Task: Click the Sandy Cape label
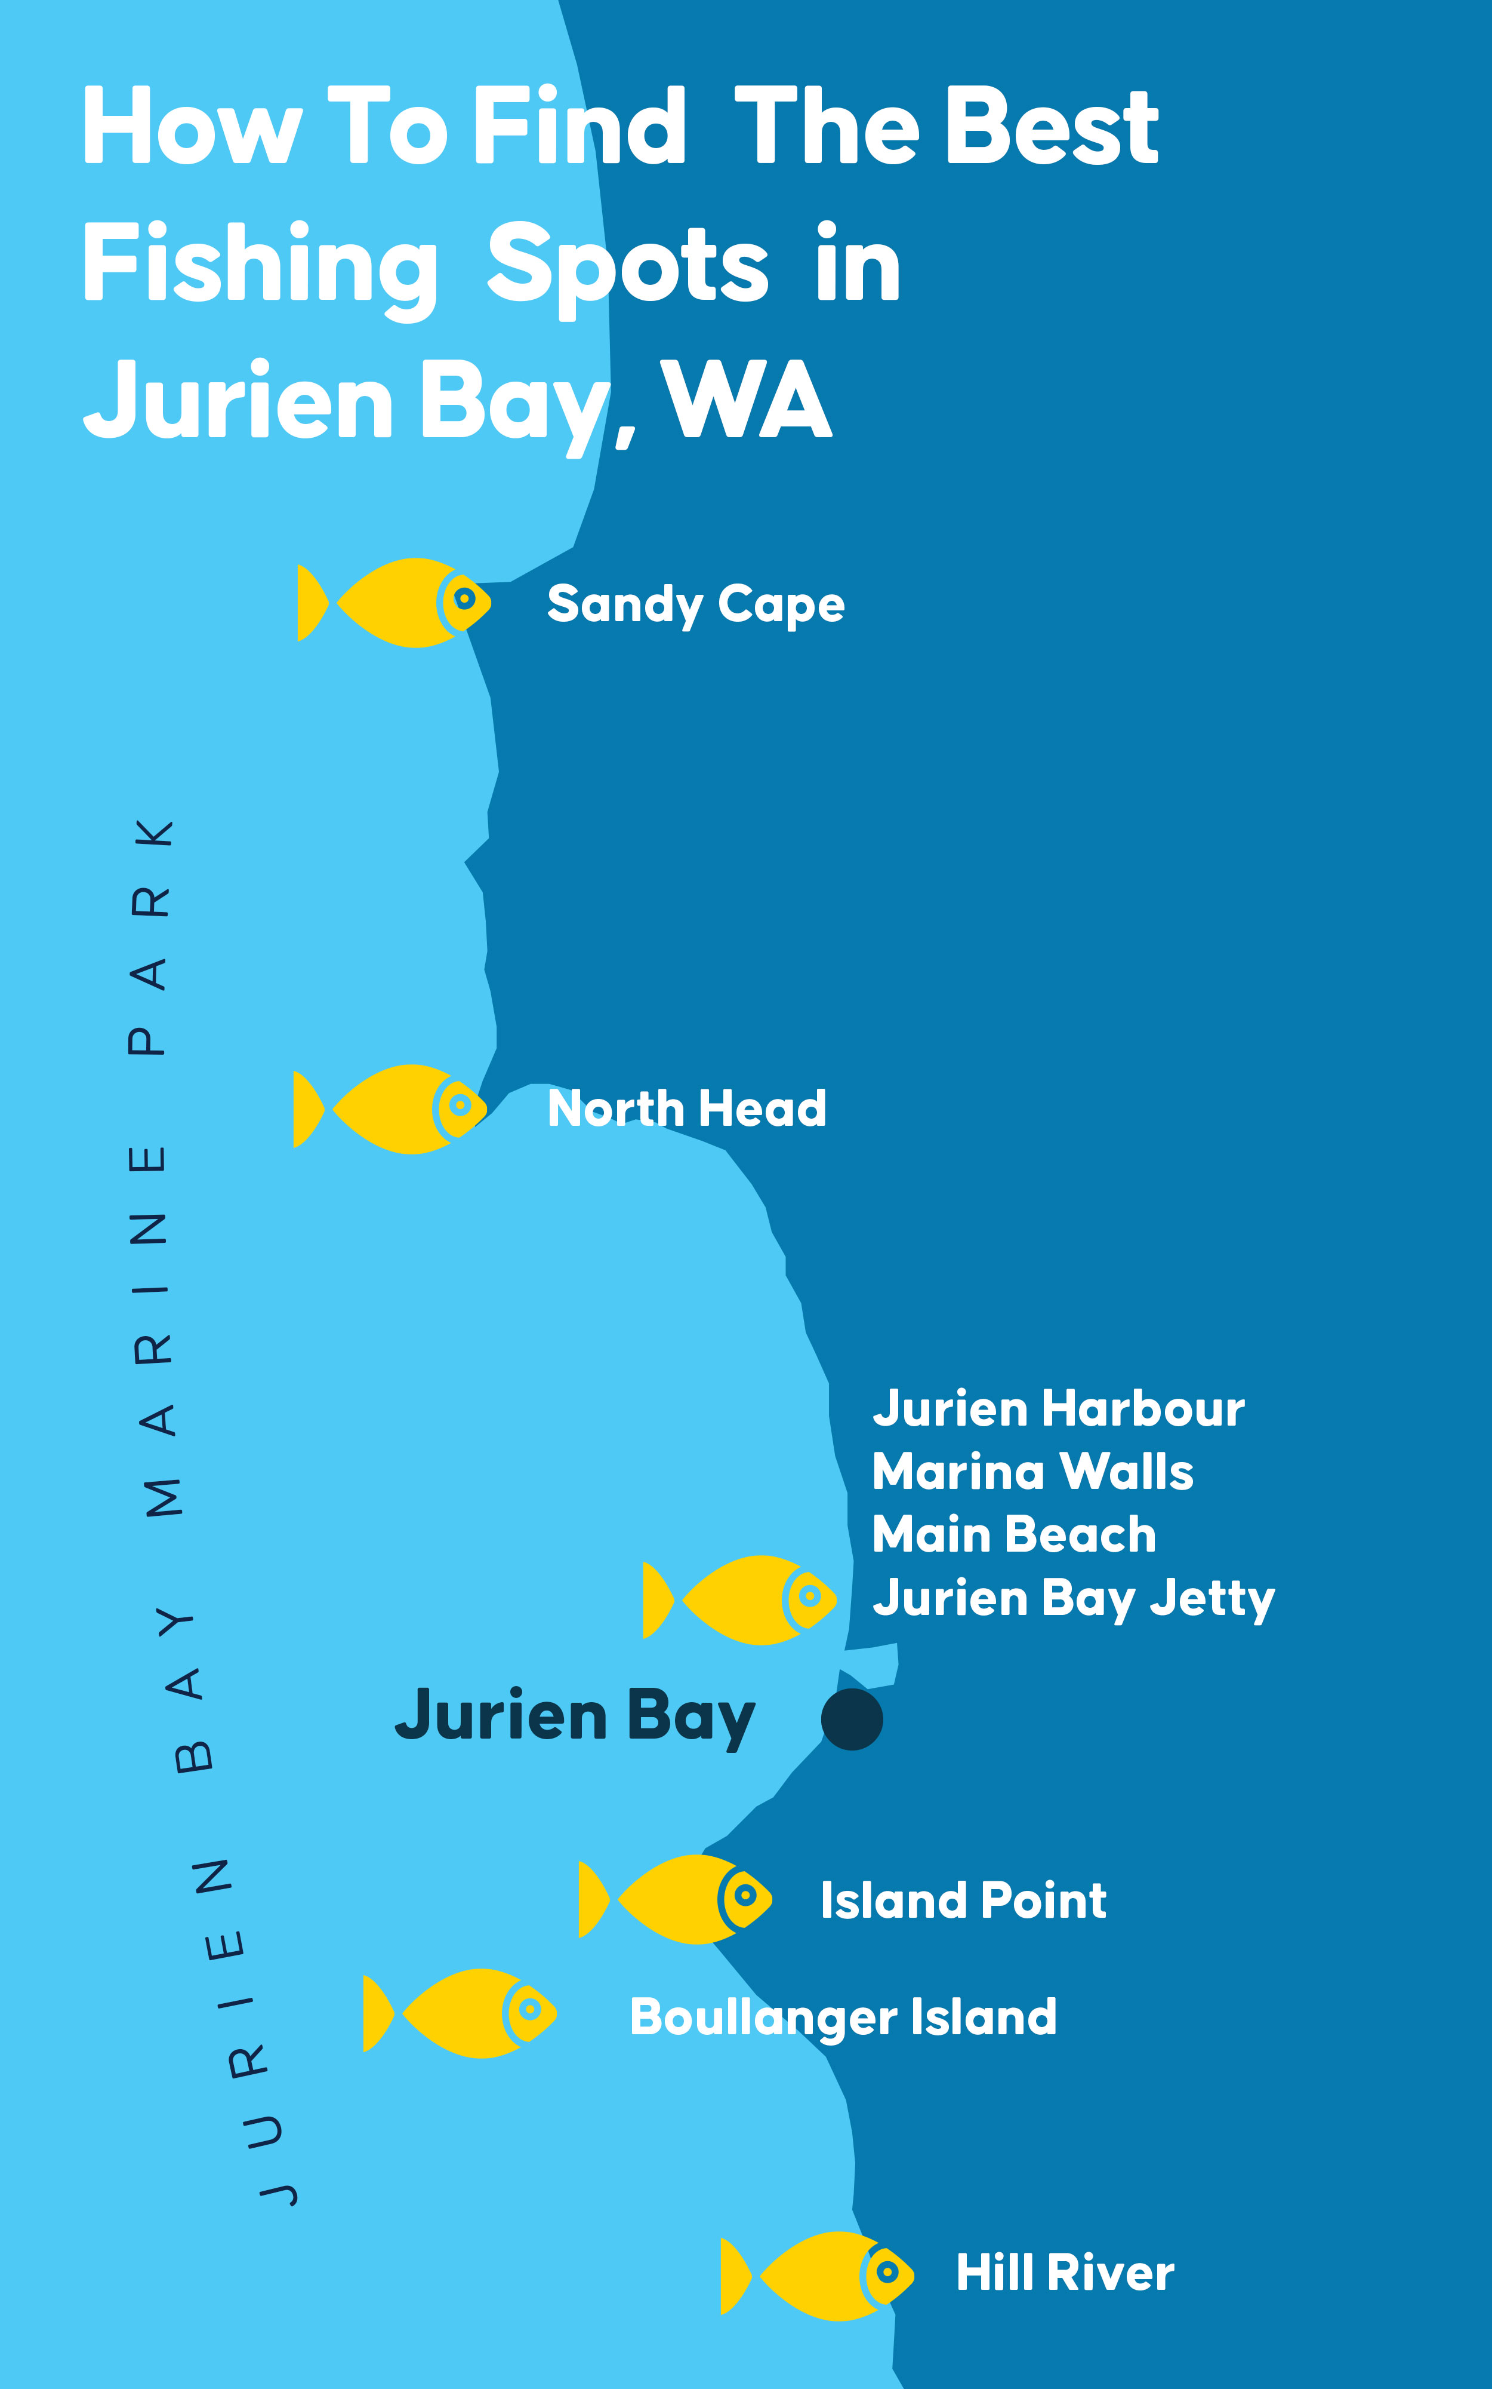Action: [696, 604]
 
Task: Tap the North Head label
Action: [687, 1108]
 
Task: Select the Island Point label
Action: [963, 1900]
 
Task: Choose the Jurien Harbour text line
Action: [1058, 1409]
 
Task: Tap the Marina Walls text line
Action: [1032, 1472]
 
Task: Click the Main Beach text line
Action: [1013, 1535]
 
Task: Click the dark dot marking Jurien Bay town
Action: [852, 1719]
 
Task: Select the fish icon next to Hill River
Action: [817, 2276]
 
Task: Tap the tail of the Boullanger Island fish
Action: [377, 2013]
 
